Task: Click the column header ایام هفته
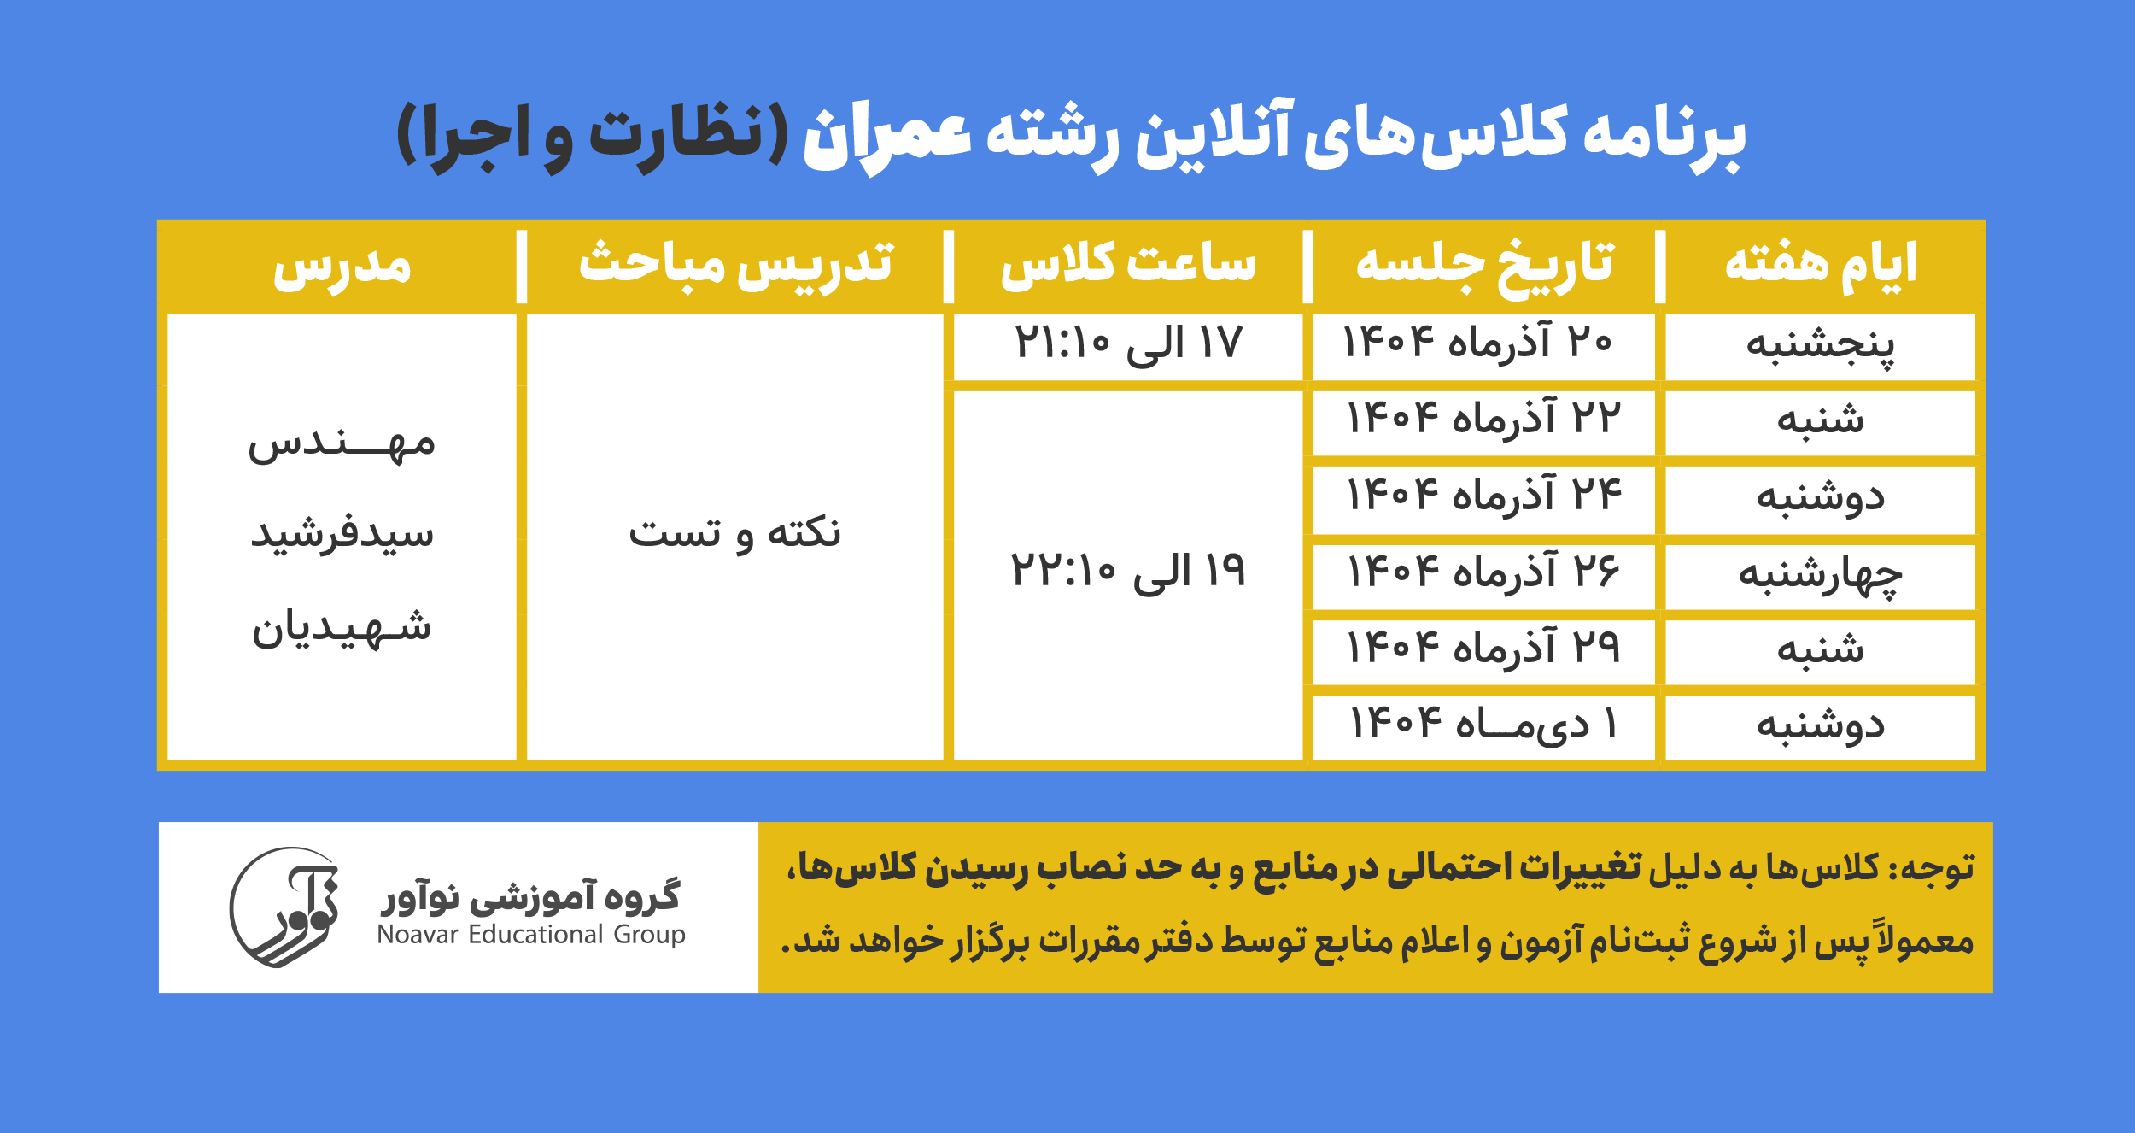pyautogui.click(x=1820, y=266)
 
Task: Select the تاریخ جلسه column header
pyautogui.click(x=1485, y=266)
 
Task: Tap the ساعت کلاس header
pyautogui.click(x=1128, y=266)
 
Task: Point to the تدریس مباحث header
pyautogui.click(x=735, y=266)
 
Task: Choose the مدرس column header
pyautogui.click(x=342, y=267)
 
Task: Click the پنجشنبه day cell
pyautogui.click(x=1820, y=346)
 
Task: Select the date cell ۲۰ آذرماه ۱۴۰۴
pyautogui.click(x=1477, y=343)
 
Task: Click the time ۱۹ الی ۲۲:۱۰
pyautogui.click(x=1128, y=571)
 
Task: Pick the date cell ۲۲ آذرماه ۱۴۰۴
pyautogui.click(x=1483, y=419)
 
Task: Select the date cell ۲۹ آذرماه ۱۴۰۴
pyautogui.click(x=1483, y=648)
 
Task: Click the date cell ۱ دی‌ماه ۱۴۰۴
pyautogui.click(x=1483, y=725)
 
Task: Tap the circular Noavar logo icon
pyautogui.click(x=284, y=907)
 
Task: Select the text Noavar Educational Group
pyautogui.click(x=531, y=935)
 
